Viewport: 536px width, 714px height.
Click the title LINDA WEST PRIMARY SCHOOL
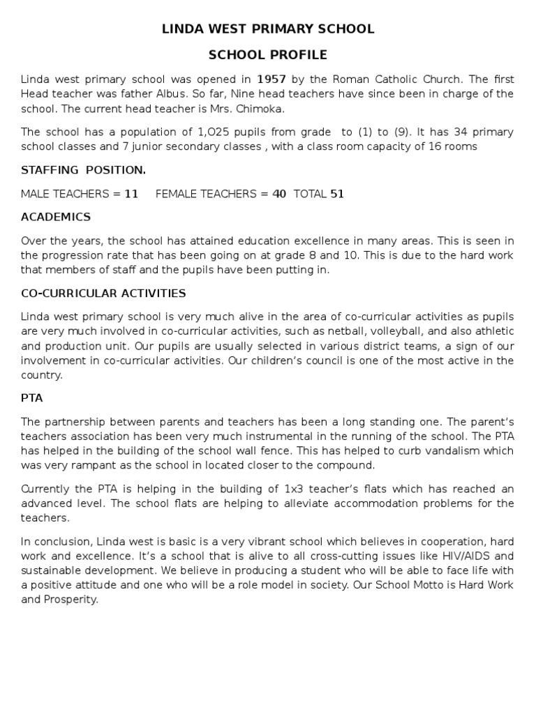tap(268, 29)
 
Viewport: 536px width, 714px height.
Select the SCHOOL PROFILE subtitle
tap(268, 55)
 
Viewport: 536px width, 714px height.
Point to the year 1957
tap(272, 79)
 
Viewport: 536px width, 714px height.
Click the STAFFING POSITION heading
tap(84, 170)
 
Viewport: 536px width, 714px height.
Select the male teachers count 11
tap(131, 194)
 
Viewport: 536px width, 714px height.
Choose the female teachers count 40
tap(279, 194)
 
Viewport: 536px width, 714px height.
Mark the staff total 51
tap(337, 194)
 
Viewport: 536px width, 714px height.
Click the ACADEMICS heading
tap(56, 217)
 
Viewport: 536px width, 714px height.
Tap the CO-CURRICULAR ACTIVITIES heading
tap(103, 293)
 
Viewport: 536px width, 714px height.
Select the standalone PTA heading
tap(32, 398)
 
